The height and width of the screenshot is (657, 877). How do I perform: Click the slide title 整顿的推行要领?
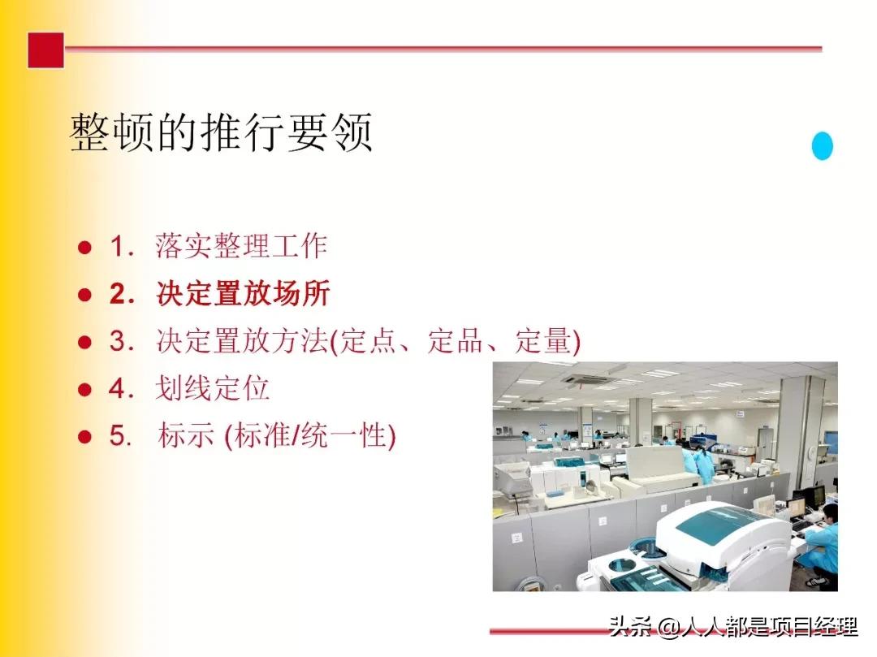(x=222, y=132)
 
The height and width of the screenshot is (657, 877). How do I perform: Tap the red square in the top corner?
(x=45, y=50)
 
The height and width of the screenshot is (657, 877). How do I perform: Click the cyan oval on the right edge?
(x=822, y=146)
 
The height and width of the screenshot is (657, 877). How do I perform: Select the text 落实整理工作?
(x=241, y=246)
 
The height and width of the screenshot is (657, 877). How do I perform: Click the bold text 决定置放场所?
(x=243, y=294)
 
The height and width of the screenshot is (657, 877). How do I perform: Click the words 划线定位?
(x=212, y=389)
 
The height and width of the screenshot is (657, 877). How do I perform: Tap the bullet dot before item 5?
(x=84, y=437)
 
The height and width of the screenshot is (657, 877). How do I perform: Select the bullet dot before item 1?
(x=84, y=247)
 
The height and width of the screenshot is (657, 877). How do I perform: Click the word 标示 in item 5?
(x=186, y=437)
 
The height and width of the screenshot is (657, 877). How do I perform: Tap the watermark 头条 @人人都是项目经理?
(x=732, y=627)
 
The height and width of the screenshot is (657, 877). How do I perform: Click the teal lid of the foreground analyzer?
(x=715, y=521)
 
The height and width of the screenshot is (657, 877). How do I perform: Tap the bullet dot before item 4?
(x=84, y=390)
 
